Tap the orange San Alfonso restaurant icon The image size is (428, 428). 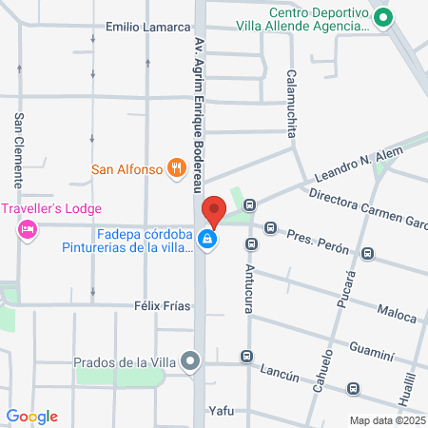click(175, 169)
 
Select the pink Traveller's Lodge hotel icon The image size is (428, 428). click(29, 229)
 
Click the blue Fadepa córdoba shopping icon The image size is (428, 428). click(206, 242)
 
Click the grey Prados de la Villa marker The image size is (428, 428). click(192, 361)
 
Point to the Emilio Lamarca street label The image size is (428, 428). click(148, 27)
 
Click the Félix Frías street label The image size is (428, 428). click(163, 306)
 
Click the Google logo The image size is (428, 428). click(32, 416)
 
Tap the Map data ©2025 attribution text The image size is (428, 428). click(387, 420)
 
